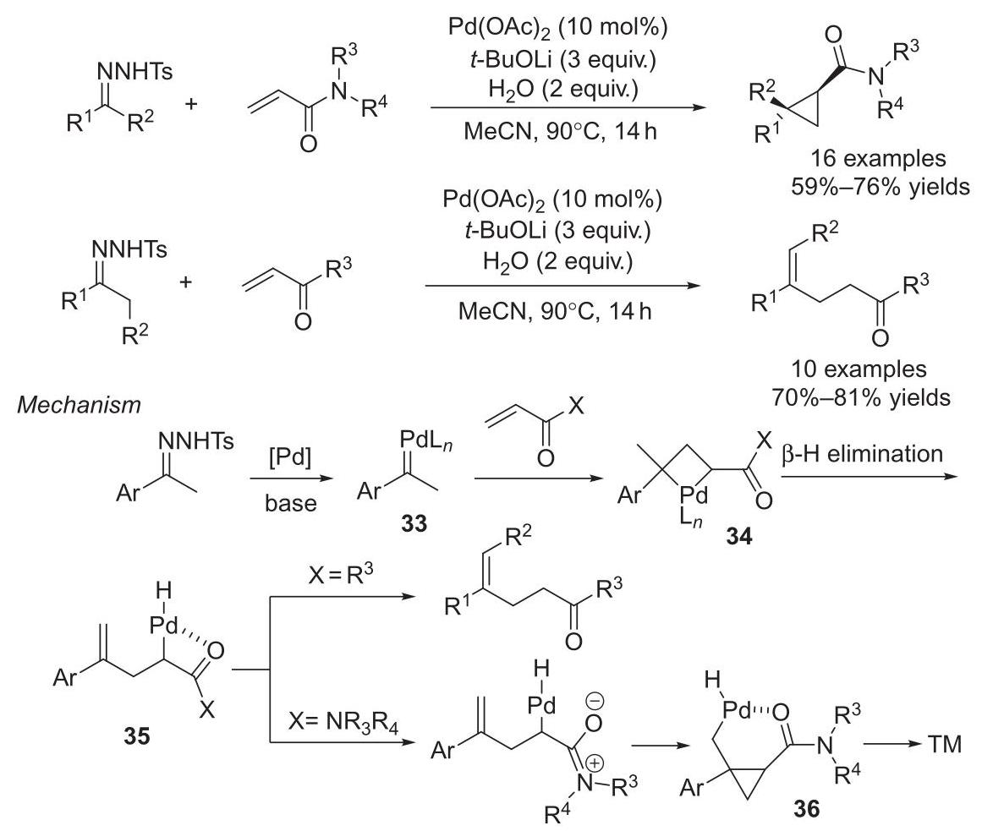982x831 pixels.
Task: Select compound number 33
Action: click(414, 523)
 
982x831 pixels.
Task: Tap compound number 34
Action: click(739, 536)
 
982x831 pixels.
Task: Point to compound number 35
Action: click(136, 736)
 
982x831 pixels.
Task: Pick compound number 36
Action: click(806, 809)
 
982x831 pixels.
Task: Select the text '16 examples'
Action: click(878, 158)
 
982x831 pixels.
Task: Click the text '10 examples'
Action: click(859, 369)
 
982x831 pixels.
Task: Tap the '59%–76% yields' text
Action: click(880, 187)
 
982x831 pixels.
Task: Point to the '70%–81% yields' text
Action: click(861, 397)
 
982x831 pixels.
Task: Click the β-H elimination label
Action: click(863, 454)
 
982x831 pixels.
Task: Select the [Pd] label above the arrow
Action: click(290, 459)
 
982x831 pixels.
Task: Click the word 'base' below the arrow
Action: click(291, 502)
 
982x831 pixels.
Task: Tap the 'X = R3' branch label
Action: click(341, 575)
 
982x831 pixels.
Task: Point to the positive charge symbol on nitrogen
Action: click(595, 763)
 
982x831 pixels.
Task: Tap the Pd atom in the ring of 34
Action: click(694, 495)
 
